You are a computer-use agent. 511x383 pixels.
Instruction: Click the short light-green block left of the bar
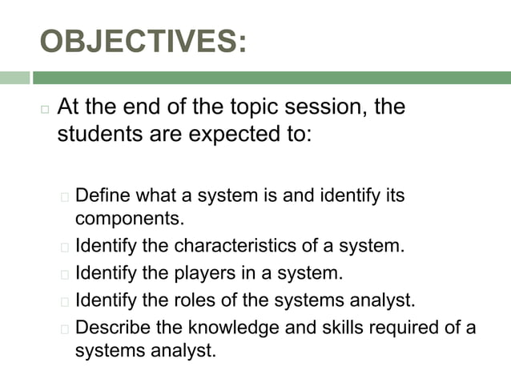(14, 78)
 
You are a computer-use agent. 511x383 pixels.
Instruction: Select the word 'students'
(95, 133)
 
